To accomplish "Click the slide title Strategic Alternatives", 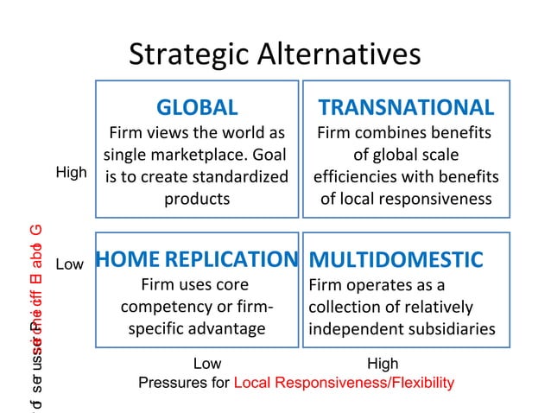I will (275, 54).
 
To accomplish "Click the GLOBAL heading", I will (197, 108).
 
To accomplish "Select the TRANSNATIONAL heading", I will (406, 108).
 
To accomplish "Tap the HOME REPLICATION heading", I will (197, 259).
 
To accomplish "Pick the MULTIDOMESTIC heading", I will (396, 260).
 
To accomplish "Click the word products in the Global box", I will (197, 199).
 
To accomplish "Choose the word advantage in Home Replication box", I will (222, 328).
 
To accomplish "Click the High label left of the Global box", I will (71, 173).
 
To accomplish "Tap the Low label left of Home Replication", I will (69, 264).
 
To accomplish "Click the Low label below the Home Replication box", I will (207, 365).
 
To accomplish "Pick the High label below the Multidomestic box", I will (383, 365).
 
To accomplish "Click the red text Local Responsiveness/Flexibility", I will (344, 383).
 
